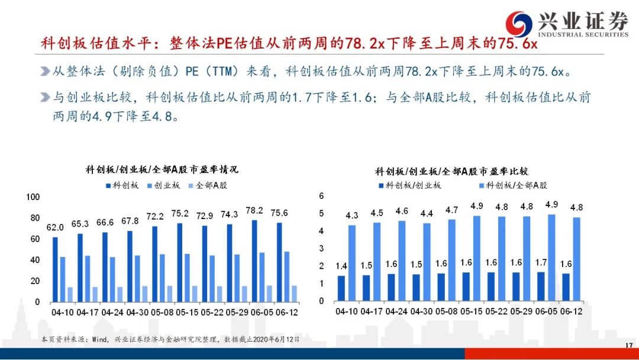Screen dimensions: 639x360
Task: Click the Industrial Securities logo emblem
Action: [519, 23]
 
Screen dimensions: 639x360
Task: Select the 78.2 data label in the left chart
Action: [254, 210]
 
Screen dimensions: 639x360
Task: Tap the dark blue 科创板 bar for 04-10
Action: [55, 269]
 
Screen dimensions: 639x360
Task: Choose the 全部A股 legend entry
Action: [208, 185]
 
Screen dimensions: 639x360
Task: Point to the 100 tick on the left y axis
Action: [33, 197]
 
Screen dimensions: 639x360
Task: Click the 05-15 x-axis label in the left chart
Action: [187, 312]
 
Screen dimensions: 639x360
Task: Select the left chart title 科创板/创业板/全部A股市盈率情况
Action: [162, 169]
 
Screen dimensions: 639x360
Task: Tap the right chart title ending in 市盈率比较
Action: [451, 171]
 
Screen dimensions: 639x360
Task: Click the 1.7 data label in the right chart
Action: [541, 262]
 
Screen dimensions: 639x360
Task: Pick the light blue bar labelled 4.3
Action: [351, 263]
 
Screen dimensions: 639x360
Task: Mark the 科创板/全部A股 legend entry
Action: [513, 185]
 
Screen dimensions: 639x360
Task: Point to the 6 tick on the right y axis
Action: [321, 196]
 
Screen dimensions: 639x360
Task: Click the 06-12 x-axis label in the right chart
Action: [572, 311]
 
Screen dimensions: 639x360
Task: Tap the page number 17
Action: [629, 345]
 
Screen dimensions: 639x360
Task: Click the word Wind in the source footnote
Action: [99, 339]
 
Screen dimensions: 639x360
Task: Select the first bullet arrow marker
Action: [45, 72]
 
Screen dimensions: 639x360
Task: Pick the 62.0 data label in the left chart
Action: [55, 227]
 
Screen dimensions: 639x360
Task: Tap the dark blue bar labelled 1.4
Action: [341, 288]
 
